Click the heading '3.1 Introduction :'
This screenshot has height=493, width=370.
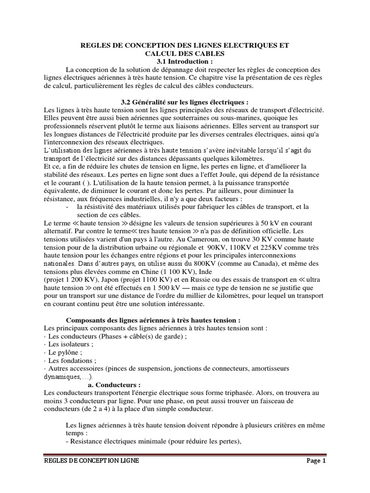pyautogui.click(x=185, y=62)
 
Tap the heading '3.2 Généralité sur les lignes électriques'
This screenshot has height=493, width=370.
pyautogui.click(x=185, y=102)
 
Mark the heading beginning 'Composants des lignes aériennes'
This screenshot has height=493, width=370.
pyautogui.click(x=153, y=320)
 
